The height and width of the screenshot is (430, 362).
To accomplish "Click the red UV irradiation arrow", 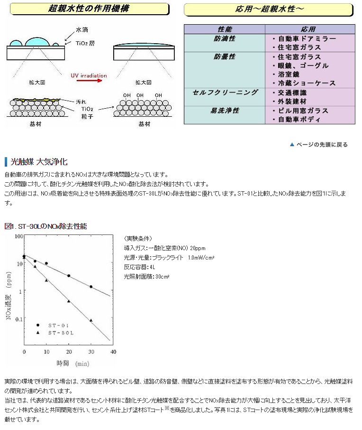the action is click(x=90, y=81).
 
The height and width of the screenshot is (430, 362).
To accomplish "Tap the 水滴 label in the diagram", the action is click(x=82, y=29).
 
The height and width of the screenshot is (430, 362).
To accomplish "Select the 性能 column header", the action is click(x=225, y=29).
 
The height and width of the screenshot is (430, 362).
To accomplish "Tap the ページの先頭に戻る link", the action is click(x=319, y=145).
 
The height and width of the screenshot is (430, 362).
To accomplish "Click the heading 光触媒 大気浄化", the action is click(x=39, y=162).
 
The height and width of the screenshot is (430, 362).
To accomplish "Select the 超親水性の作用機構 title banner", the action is click(x=89, y=9).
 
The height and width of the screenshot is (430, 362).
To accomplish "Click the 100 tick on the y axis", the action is click(x=19, y=236).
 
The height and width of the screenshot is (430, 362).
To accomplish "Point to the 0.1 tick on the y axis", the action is click(x=19, y=319).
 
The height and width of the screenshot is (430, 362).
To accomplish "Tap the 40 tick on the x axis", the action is click(x=113, y=352).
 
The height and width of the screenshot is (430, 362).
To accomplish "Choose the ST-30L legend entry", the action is click(x=55, y=333).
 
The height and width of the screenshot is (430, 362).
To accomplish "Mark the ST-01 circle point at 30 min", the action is click(x=91, y=287).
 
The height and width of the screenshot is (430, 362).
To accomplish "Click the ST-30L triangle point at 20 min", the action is click(x=69, y=301).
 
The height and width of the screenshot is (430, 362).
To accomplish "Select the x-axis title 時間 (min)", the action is click(x=73, y=364).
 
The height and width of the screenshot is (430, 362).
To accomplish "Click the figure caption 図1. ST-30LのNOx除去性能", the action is click(x=46, y=226).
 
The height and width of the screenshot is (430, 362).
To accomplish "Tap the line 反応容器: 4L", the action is click(x=139, y=267).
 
